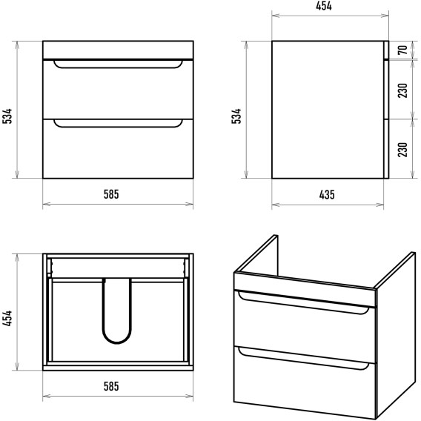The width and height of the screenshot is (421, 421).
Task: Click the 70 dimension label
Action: [x=402, y=50]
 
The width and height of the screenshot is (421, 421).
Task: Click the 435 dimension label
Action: [x=327, y=195]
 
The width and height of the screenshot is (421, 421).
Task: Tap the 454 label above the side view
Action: [x=324, y=6]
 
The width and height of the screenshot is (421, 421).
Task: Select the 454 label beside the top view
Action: [x=7, y=319]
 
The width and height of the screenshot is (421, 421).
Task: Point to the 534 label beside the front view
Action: [x=7, y=116]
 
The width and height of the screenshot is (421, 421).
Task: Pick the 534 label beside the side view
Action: [x=236, y=116]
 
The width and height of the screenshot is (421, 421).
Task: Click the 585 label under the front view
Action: [x=111, y=194]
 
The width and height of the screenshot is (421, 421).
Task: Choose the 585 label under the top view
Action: [x=111, y=386]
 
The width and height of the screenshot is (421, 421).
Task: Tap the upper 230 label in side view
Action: [x=402, y=90]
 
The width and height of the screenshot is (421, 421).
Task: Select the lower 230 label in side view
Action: [x=402, y=150]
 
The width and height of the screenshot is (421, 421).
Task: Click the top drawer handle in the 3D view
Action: [x=304, y=304]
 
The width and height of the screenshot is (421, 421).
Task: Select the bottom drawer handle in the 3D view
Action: [x=304, y=360]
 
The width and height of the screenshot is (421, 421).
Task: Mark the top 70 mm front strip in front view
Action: [x=118, y=50]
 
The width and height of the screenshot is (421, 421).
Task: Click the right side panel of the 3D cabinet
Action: [x=396, y=336]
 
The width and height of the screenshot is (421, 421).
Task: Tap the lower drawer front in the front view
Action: [x=118, y=149]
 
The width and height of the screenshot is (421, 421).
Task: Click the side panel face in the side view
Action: [x=328, y=110]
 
